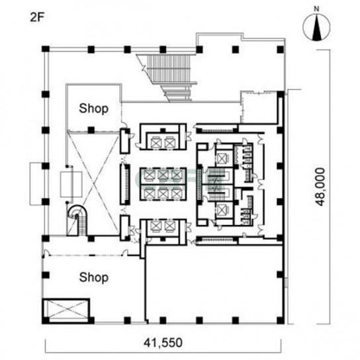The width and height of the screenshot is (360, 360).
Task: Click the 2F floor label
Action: click(x=37, y=17)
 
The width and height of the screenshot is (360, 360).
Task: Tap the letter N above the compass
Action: click(x=316, y=9)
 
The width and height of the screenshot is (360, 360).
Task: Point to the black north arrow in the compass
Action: click(x=316, y=27)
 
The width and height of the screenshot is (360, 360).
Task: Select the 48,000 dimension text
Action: click(x=320, y=187)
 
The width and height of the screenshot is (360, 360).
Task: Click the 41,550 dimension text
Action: click(x=163, y=343)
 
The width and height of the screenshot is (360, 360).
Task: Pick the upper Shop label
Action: click(x=94, y=109)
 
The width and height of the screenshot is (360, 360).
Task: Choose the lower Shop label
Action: click(x=94, y=277)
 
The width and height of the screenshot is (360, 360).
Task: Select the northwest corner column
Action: click(x=46, y=49)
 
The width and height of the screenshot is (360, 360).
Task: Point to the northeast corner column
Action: click(x=281, y=50)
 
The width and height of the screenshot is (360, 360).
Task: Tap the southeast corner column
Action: click(x=281, y=320)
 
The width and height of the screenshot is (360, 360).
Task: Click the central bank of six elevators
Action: click(x=163, y=185)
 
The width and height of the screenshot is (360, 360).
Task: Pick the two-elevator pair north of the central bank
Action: click(x=163, y=142)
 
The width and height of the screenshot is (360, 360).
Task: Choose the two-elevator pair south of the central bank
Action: click(x=163, y=227)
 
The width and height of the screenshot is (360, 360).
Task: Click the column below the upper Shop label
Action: click(x=91, y=130)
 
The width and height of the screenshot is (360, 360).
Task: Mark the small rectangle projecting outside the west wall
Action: click(x=36, y=184)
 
